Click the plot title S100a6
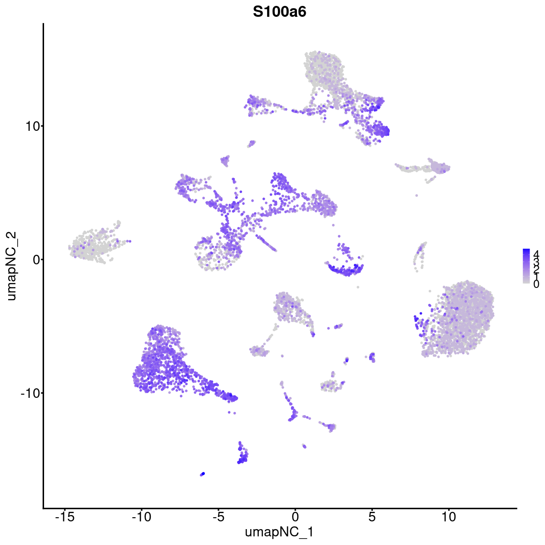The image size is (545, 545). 279,12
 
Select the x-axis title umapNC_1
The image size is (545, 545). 279,532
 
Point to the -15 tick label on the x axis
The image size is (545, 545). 64,516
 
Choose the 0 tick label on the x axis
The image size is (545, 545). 295,516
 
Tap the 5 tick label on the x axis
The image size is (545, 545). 372,516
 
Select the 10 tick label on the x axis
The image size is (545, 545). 449,516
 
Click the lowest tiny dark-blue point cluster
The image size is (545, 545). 203,474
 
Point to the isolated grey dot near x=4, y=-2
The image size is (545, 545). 357,287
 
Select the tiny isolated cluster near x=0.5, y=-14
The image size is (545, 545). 304,446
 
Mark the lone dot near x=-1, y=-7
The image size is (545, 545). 282,357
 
